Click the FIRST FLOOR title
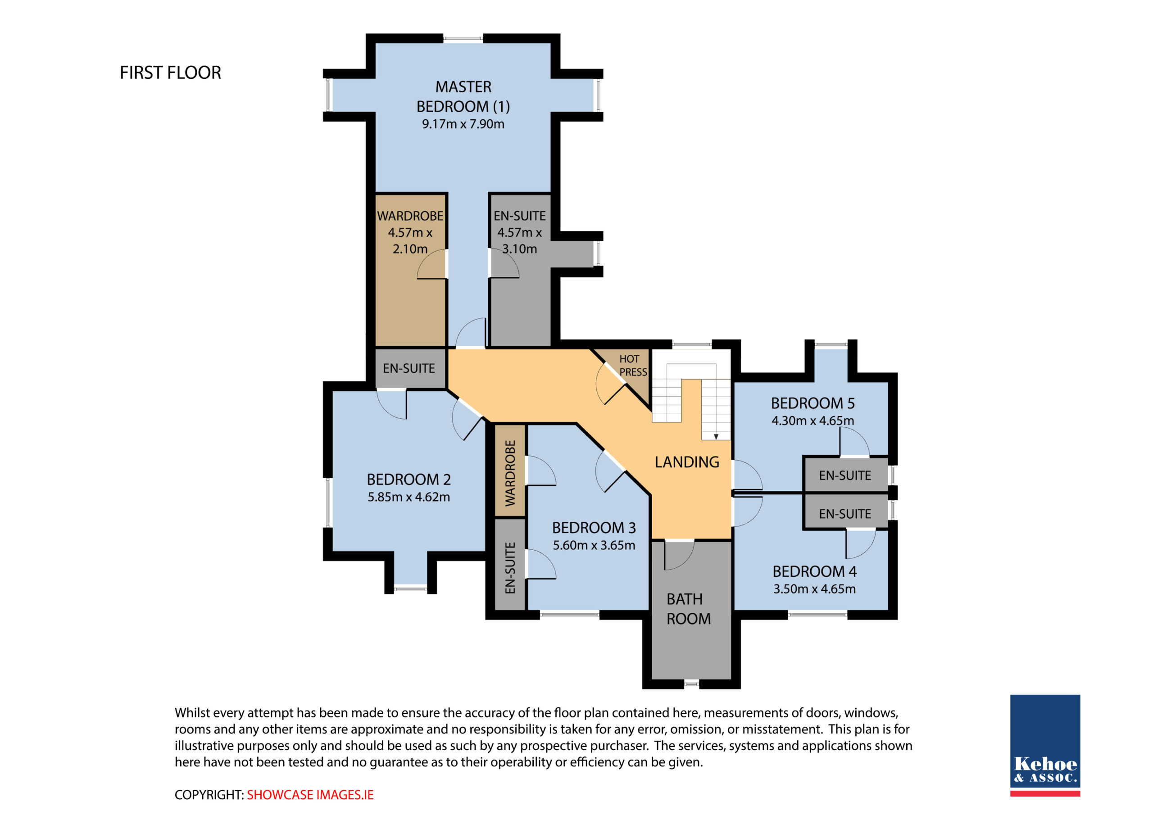[170, 73]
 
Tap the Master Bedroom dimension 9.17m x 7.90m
[463, 124]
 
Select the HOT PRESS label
[633, 366]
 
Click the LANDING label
[686, 462]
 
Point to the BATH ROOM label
[689, 609]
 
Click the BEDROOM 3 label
[594, 528]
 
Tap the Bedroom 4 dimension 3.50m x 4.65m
[814, 589]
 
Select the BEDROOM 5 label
[813, 403]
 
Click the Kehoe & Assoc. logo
[1045, 745]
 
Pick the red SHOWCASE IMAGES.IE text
[310, 795]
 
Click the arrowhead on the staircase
[716, 437]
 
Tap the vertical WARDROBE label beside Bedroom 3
[510, 473]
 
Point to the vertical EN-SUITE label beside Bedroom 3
[510, 567]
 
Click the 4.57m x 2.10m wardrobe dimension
[410, 240]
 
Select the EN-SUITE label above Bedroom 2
[409, 369]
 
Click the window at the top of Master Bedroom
[463, 39]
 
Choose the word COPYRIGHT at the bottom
[209, 795]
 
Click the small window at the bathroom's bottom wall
[691, 684]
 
